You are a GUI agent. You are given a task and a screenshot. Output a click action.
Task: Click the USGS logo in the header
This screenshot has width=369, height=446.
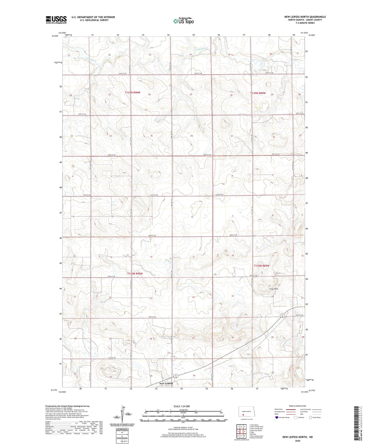point(56,20)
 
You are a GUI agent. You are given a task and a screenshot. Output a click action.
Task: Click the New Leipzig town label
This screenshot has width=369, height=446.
point(166,383)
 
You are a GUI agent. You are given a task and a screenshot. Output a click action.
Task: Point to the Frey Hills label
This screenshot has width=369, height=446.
point(273,289)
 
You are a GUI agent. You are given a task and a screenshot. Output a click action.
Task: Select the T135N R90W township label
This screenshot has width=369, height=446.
point(133,92)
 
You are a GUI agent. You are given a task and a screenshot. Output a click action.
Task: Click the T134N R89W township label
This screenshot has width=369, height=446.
point(261,266)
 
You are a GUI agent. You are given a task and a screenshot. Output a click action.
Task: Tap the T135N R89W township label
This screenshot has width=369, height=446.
point(258,93)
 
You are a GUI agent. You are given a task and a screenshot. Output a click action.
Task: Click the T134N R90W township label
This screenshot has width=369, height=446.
point(135,274)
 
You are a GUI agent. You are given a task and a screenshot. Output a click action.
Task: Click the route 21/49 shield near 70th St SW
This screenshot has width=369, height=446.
point(282,315)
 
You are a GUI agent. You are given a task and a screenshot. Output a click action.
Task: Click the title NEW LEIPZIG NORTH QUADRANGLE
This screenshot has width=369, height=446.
point(305,17)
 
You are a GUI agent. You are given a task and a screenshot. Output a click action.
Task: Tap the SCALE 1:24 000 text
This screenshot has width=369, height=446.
point(182,406)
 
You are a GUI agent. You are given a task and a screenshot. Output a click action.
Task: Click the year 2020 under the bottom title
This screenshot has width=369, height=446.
point(297,441)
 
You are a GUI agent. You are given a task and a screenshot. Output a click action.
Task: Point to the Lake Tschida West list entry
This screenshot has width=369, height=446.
point(255,427)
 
